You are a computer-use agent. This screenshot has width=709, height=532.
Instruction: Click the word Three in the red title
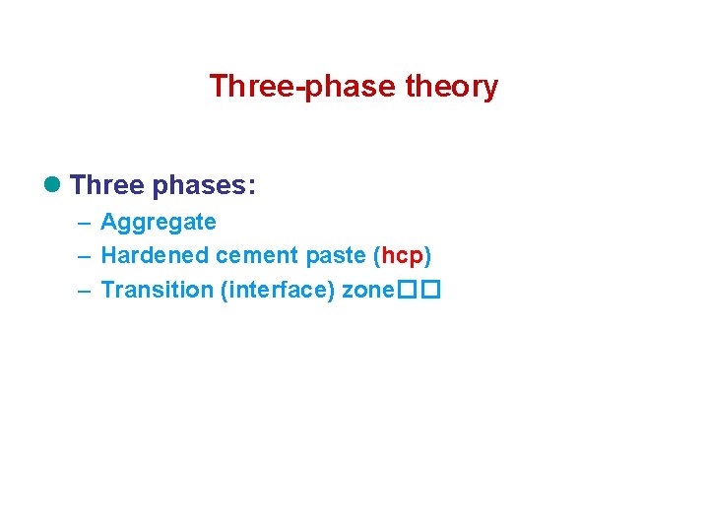pyautogui.click(x=241, y=87)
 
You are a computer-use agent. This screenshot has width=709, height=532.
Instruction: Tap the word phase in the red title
pyautogui.click(x=338, y=87)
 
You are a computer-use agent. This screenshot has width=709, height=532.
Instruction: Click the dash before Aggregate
pyautogui.click(x=84, y=223)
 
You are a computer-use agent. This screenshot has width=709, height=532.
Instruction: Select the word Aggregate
pyautogui.click(x=159, y=223)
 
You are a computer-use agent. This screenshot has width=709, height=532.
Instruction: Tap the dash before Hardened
pyautogui.click(x=84, y=256)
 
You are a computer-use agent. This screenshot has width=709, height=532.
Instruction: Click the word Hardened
pyautogui.click(x=155, y=256)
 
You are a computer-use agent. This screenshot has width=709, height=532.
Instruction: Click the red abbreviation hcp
pyautogui.click(x=402, y=256)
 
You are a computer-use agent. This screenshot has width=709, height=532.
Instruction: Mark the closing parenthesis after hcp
pyautogui.click(x=428, y=256)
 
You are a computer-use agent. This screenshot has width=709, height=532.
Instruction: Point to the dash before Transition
pyautogui.click(x=84, y=290)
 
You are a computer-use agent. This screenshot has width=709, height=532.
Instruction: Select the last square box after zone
pyautogui.click(x=430, y=291)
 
